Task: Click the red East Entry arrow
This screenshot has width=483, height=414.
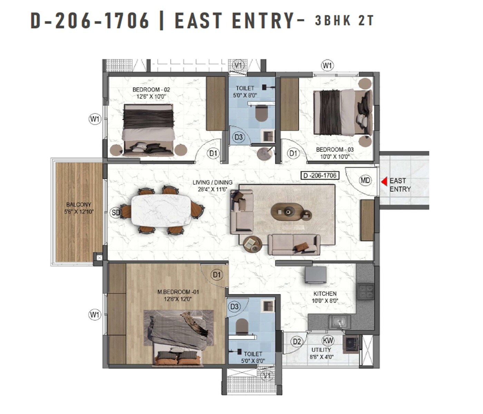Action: coord(384,181)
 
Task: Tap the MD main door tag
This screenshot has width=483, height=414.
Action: coord(365,180)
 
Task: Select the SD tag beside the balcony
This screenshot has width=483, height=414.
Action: coord(116,213)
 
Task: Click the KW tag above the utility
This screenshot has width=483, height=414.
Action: coord(328,341)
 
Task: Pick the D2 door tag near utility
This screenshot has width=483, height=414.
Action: coord(297,342)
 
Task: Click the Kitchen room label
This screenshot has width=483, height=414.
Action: coord(325,297)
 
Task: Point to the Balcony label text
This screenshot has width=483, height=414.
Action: coord(79,208)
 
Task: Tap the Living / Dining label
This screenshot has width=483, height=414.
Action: coord(213,186)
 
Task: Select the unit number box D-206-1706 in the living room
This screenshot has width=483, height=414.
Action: coord(319,176)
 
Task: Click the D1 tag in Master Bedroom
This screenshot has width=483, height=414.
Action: coord(217,275)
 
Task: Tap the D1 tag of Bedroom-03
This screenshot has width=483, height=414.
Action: coord(293,153)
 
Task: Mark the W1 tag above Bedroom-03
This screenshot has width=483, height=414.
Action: coord(327,65)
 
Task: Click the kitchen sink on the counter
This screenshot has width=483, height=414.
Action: coord(339,322)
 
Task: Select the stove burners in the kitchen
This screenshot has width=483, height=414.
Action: coord(365,291)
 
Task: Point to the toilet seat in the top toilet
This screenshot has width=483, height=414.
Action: coord(261,114)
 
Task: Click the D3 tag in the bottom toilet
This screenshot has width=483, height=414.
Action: coord(234,306)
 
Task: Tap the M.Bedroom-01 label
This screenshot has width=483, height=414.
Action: coord(178,295)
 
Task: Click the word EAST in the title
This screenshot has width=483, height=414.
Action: coord(198,21)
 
